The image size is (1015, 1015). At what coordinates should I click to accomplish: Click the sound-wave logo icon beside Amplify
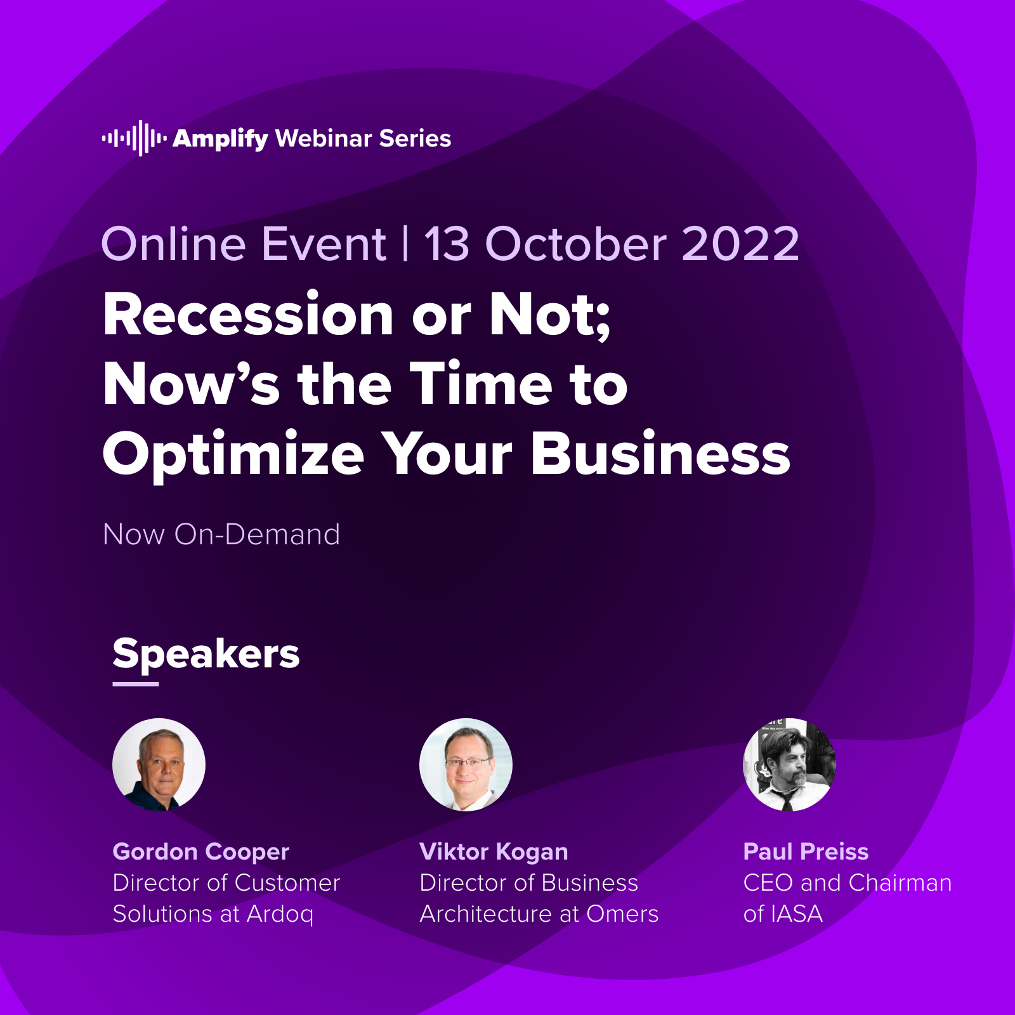[x=134, y=138]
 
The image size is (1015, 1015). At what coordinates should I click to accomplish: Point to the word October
[x=576, y=244]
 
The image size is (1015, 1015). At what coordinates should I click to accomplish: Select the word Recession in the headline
[x=249, y=315]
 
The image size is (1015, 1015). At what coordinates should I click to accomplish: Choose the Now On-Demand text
[x=221, y=534]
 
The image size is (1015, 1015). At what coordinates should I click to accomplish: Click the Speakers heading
[x=206, y=654]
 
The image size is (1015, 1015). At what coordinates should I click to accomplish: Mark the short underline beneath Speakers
[x=136, y=684]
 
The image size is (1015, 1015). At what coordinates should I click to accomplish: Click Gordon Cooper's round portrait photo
[x=159, y=764]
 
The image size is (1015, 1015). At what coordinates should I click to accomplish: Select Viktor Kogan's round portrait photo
[x=466, y=764]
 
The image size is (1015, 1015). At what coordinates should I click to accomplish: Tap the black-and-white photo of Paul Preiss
[x=789, y=764]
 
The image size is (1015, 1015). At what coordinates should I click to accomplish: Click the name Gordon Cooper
[x=200, y=852]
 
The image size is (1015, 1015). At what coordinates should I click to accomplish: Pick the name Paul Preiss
[x=806, y=851]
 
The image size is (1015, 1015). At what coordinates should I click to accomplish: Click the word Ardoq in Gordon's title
[x=280, y=915]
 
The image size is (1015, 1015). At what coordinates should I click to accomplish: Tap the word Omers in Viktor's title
[x=622, y=914]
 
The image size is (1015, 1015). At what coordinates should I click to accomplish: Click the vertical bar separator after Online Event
[x=405, y=244]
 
